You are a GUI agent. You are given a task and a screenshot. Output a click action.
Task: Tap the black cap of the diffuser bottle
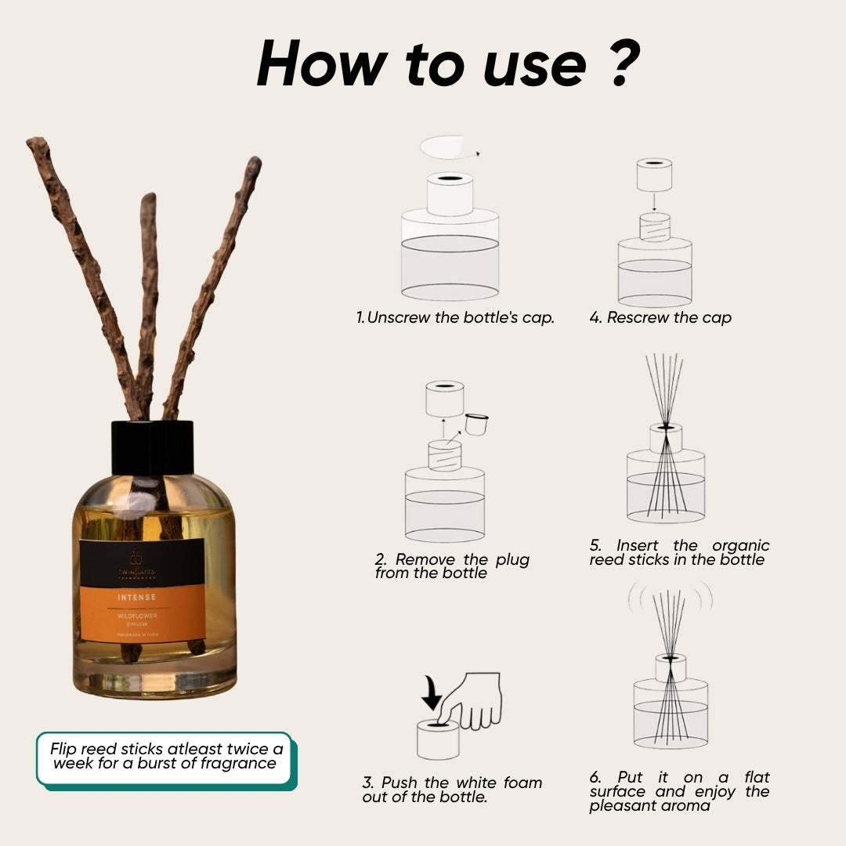[152, 447]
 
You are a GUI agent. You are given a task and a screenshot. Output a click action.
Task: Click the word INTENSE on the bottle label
[136, 597]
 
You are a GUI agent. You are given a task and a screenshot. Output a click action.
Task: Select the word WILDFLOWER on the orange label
[137, 616]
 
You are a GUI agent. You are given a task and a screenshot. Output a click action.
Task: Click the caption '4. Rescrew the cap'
[660, 318]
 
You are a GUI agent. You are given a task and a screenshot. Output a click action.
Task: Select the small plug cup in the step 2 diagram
[477, 424]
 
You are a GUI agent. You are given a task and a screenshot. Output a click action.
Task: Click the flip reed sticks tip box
[164, 756]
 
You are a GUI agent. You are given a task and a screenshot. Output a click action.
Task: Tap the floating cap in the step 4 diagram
[654, 175]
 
